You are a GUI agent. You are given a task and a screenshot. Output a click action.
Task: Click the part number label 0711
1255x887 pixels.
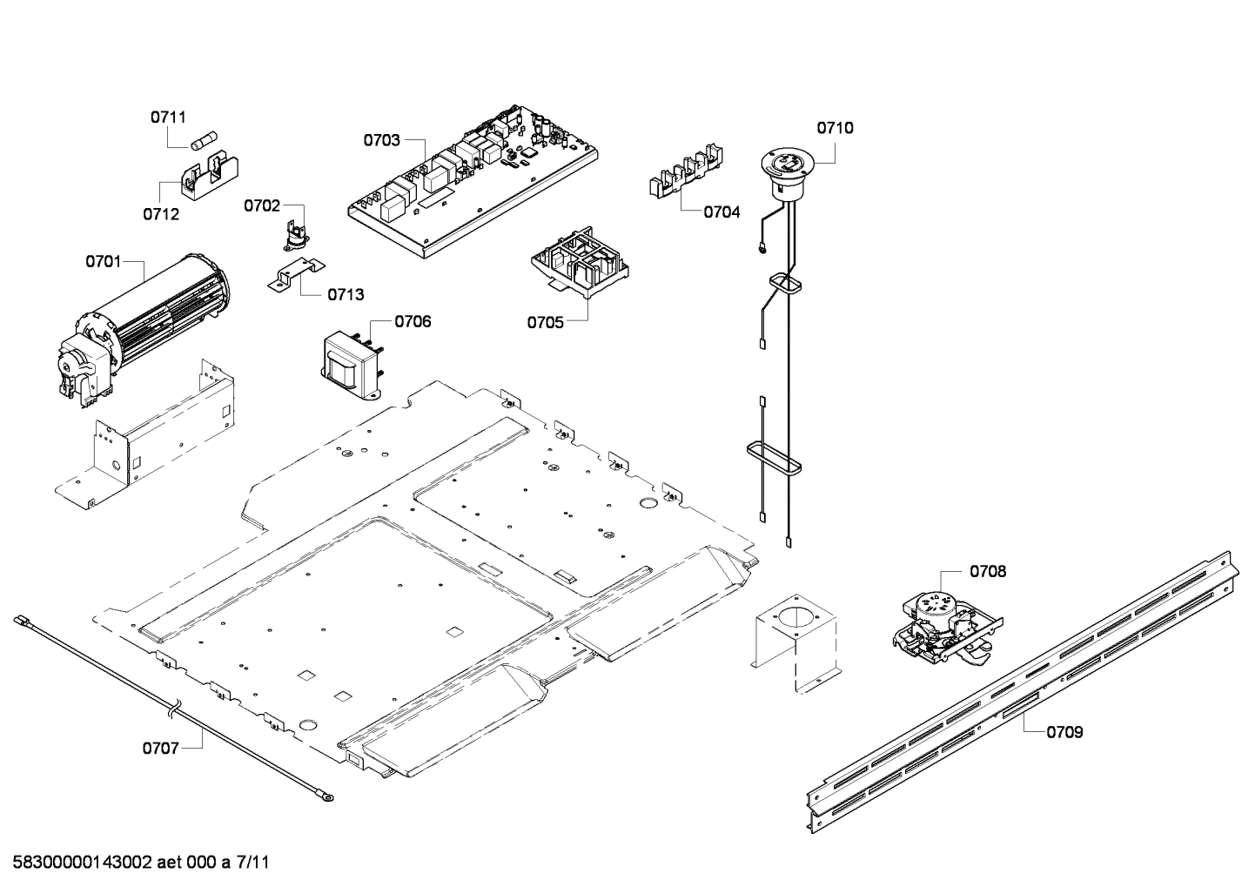[168, 117]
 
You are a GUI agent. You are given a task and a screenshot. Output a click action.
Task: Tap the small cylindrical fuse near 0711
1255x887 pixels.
[203, 141]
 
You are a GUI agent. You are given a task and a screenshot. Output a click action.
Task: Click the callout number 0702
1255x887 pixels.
[261, 205]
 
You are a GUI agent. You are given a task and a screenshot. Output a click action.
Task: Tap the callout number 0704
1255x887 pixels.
[721, 212]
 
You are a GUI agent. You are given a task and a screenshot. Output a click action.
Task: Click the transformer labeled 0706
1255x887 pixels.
[352, 361]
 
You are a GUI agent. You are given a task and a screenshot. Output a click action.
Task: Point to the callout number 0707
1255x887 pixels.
[160, 747]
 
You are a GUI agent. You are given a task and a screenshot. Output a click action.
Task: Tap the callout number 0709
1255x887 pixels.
[1064, 732]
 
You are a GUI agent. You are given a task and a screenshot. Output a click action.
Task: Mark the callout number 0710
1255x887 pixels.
[835, 128]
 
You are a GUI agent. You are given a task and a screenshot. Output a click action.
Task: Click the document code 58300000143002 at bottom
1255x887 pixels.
[83, 863]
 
